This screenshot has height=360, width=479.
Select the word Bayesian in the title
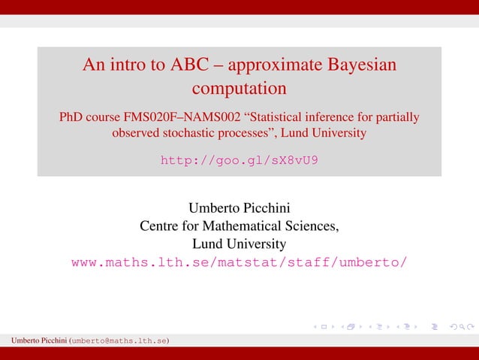click(x=360, y=65)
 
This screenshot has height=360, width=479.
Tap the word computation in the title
click(x=239, y=89)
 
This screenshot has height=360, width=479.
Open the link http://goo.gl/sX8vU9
click(x=239, y=160)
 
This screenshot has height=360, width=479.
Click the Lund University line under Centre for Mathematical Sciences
click(x=239, y=244)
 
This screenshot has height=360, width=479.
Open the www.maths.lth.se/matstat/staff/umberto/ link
click(x=239, y=262)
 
